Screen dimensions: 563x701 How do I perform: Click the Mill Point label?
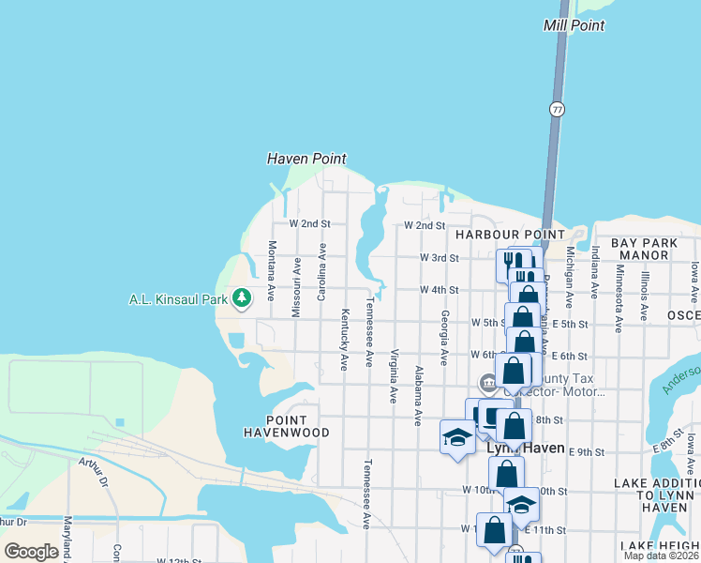(574, 25)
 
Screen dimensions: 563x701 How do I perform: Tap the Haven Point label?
(306, 159)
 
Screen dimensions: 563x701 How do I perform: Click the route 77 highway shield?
(558, 110)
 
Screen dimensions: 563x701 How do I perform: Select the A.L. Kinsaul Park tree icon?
(243, 298)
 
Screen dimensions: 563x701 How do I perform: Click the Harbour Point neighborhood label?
(511, 234)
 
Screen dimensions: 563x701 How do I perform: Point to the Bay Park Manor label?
(645, 249)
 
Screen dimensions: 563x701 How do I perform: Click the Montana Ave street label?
(271, 270)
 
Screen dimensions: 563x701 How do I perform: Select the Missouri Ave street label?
(296, 286)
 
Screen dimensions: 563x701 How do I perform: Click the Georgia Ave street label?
(444, 338)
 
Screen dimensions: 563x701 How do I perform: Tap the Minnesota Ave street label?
(619, 303)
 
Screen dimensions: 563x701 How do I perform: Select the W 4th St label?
(439, 291)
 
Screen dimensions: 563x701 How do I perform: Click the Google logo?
(32, 551)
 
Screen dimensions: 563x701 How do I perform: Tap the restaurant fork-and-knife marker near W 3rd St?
(512, 263)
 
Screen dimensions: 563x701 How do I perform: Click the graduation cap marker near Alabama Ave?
(456, 438)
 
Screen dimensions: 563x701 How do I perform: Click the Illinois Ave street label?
(644, 297)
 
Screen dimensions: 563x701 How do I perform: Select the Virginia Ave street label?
(394, 376)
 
